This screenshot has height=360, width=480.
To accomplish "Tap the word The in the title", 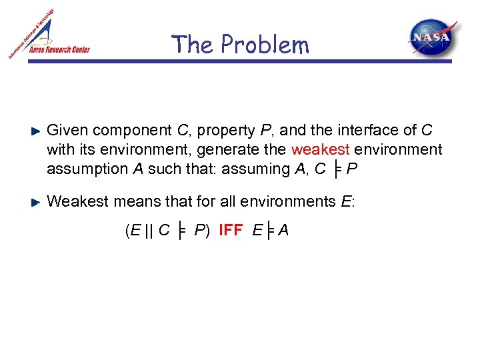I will pos(192,45).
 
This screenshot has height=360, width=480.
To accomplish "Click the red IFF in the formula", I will pos(231,231).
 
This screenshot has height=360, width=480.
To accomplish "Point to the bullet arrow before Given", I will pos(37,131).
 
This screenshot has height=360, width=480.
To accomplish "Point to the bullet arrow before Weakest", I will pos(37,201).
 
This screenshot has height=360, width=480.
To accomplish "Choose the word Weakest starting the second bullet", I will pos(75,201).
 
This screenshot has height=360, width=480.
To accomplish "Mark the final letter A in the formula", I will pos(283,231).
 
